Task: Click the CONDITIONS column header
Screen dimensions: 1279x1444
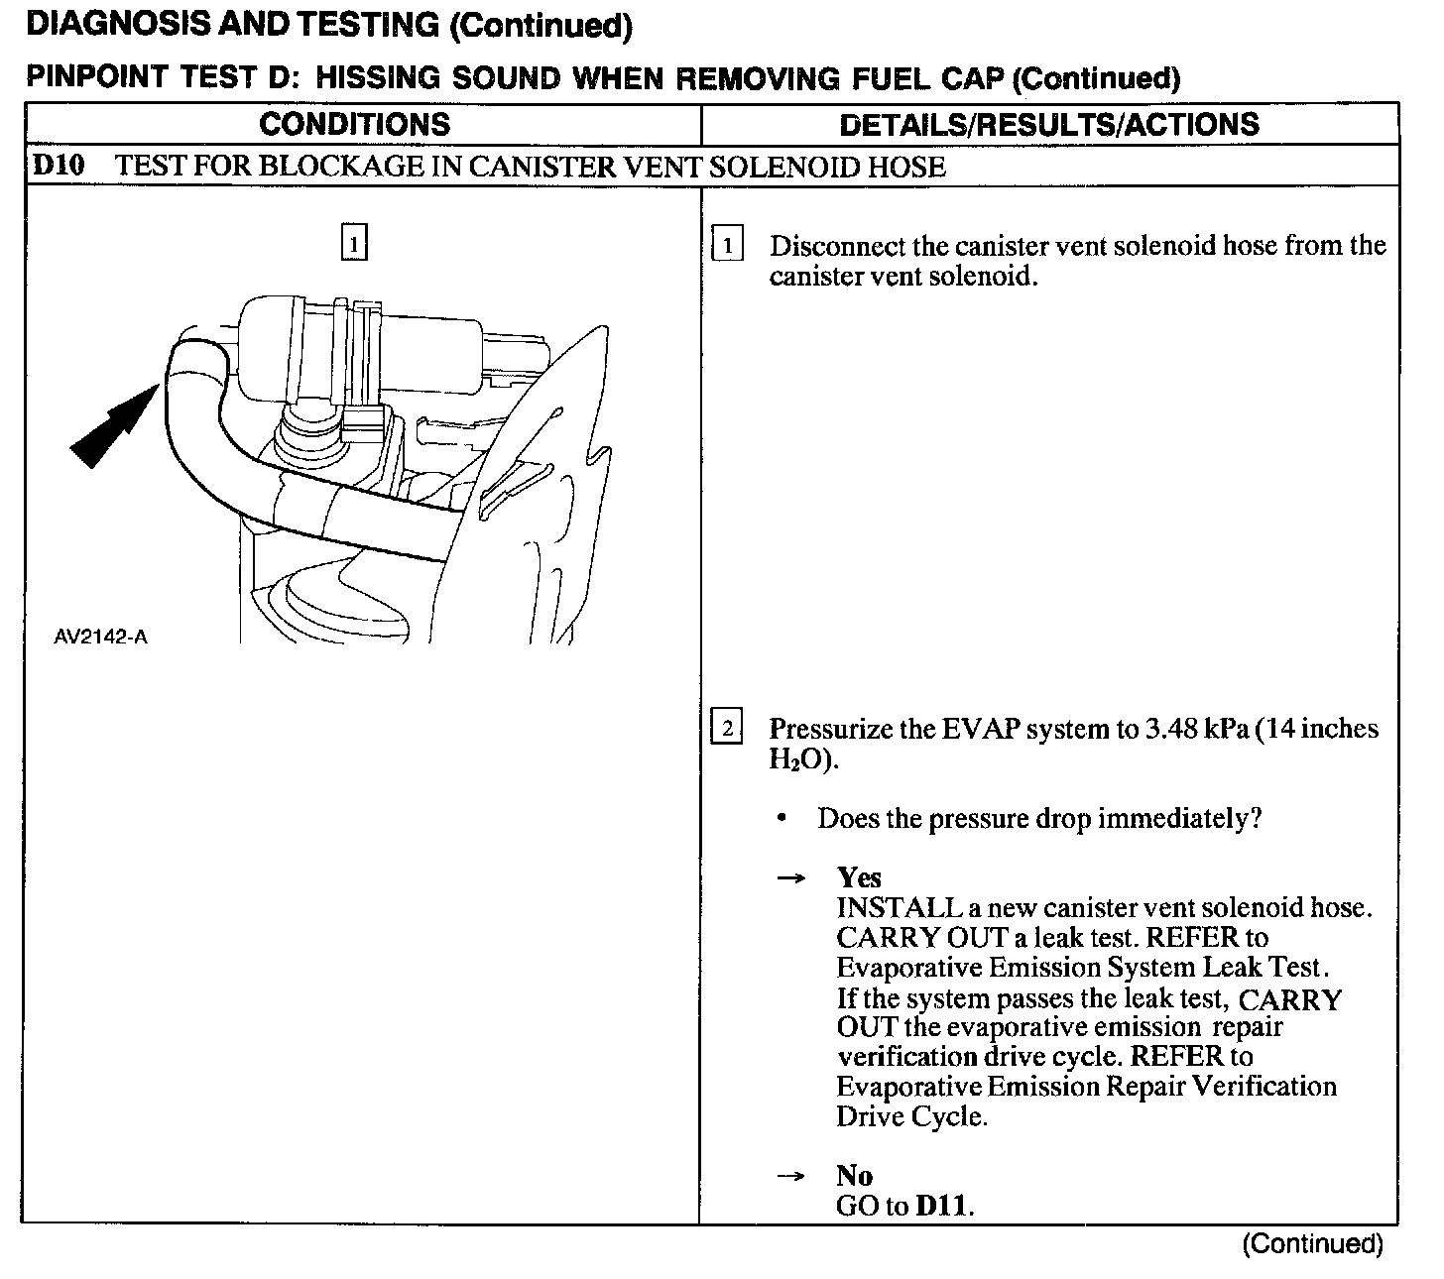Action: point(354,124)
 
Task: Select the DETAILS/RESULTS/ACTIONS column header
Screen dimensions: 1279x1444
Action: point(1048,124)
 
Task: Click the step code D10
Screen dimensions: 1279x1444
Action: point(58,166)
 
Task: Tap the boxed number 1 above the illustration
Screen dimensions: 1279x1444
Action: point(354,243)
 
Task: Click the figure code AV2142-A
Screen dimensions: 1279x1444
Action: point(100,637)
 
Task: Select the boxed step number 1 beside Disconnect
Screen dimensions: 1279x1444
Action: point(728,245)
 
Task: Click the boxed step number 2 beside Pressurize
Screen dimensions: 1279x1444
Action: point(727,730)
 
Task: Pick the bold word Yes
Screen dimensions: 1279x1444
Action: point(859,877)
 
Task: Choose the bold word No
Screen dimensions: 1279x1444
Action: point(854,1176)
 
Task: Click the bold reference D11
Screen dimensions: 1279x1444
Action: point(942,1207)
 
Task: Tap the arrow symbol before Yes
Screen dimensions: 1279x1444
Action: point(789,878)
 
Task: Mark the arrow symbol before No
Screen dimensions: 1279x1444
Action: point(789,1177)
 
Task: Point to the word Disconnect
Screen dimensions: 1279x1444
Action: point(837,246)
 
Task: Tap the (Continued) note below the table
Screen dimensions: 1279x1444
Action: point(1312,1244)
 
